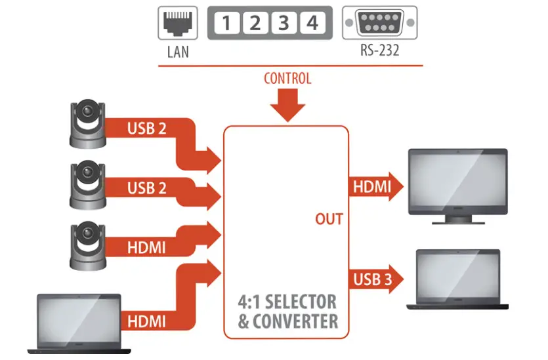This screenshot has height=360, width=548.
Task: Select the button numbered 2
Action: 255,24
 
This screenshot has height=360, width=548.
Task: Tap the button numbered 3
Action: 284,24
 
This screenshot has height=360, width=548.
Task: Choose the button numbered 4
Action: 312,24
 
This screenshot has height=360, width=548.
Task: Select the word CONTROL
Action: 287,79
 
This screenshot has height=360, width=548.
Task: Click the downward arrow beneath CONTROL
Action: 287,105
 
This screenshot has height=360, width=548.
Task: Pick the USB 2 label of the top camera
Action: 147,128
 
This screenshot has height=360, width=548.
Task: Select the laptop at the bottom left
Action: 78,323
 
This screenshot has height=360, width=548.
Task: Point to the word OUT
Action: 329,218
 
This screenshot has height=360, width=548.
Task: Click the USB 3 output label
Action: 373,279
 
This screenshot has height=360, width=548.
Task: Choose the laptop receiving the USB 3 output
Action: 458,279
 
